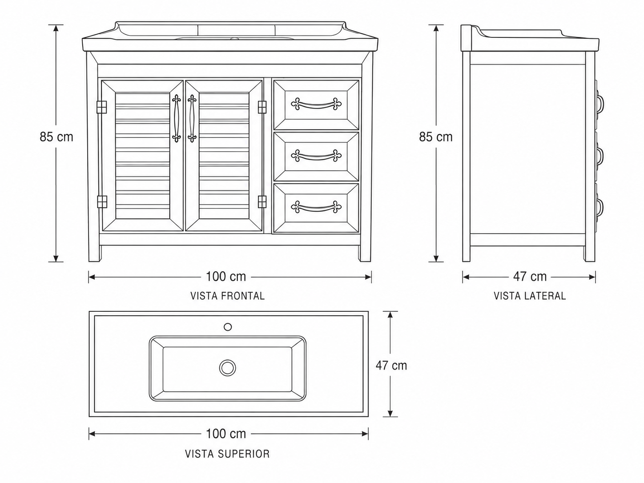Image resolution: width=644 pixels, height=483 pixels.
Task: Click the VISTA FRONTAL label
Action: tap(227, 296)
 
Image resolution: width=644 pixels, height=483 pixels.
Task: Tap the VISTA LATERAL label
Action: tap(530, 296)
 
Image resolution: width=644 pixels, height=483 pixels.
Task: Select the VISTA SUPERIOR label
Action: tap(227, 454)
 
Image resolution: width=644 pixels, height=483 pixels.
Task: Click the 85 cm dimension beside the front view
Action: tap(56, 137)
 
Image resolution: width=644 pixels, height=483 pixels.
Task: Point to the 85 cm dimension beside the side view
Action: tap(436, 137)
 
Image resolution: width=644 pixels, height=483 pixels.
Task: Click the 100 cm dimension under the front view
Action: tap(226, 277)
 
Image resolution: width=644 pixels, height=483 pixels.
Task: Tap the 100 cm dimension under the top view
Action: tap(226, 434)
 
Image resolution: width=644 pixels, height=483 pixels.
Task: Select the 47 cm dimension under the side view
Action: tap(530, 277)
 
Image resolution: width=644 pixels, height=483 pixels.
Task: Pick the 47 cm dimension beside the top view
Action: tap(391, 366)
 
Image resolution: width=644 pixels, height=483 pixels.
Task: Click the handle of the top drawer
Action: tap(316, 105)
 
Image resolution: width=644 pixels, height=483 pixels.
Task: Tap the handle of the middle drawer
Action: tap(316, 156)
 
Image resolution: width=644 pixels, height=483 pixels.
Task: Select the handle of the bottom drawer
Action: tap(316, 207)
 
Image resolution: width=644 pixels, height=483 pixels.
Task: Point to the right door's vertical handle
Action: tap(192, 118)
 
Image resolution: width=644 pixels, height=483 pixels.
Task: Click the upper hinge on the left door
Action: tap(102, 107)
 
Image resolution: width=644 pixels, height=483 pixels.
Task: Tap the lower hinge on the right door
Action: tap(262, 202)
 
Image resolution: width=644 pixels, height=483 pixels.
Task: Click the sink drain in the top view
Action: tap(227, 368)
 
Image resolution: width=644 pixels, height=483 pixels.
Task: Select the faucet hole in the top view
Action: tap(228, 327)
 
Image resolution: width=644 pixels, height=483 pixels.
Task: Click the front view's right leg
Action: tap(366, 253)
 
